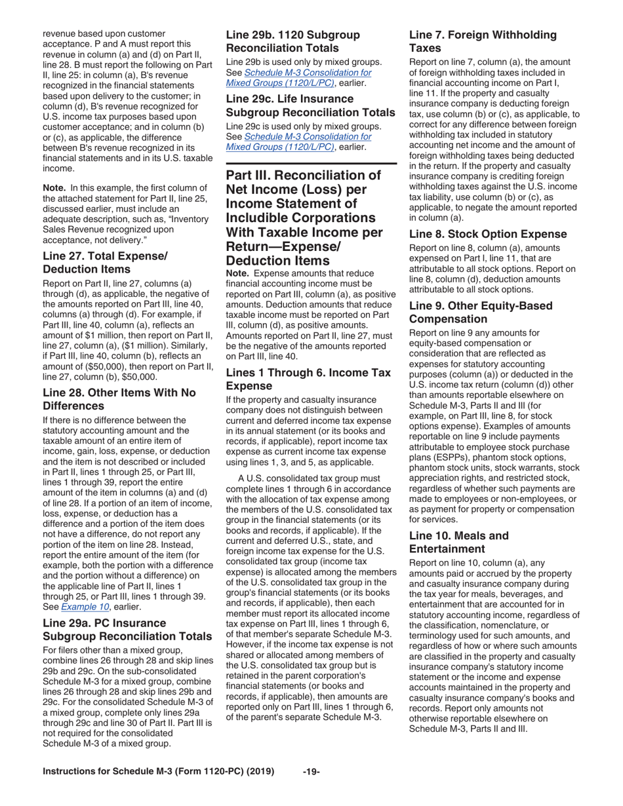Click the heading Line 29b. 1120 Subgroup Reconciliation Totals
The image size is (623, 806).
click(293, 41)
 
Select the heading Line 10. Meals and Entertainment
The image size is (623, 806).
click(458, 542)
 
